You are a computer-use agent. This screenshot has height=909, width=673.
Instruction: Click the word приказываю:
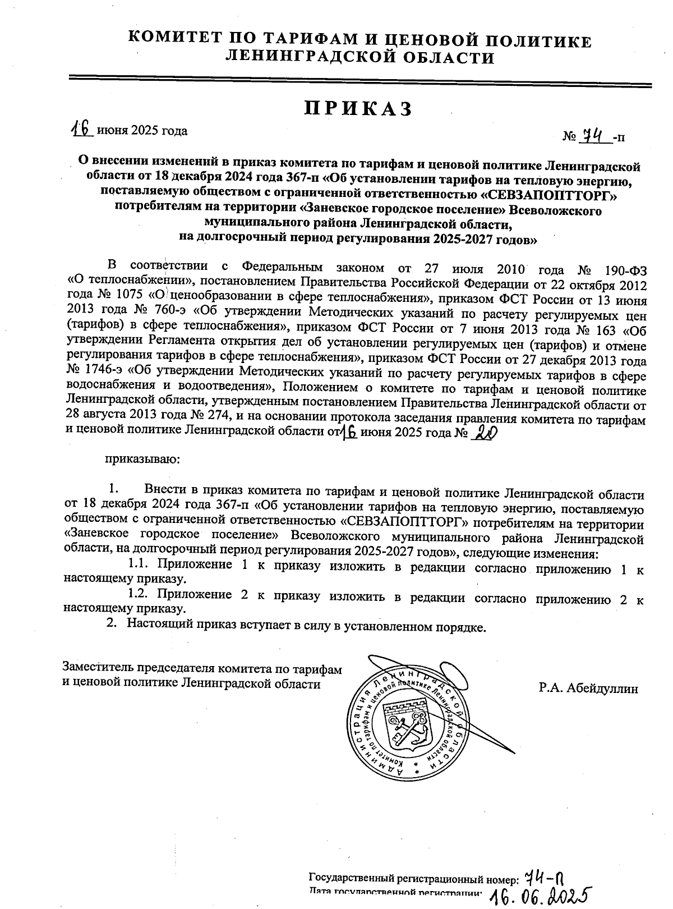click(142, 460)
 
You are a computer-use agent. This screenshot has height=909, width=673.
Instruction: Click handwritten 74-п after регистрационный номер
click(544, 876)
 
